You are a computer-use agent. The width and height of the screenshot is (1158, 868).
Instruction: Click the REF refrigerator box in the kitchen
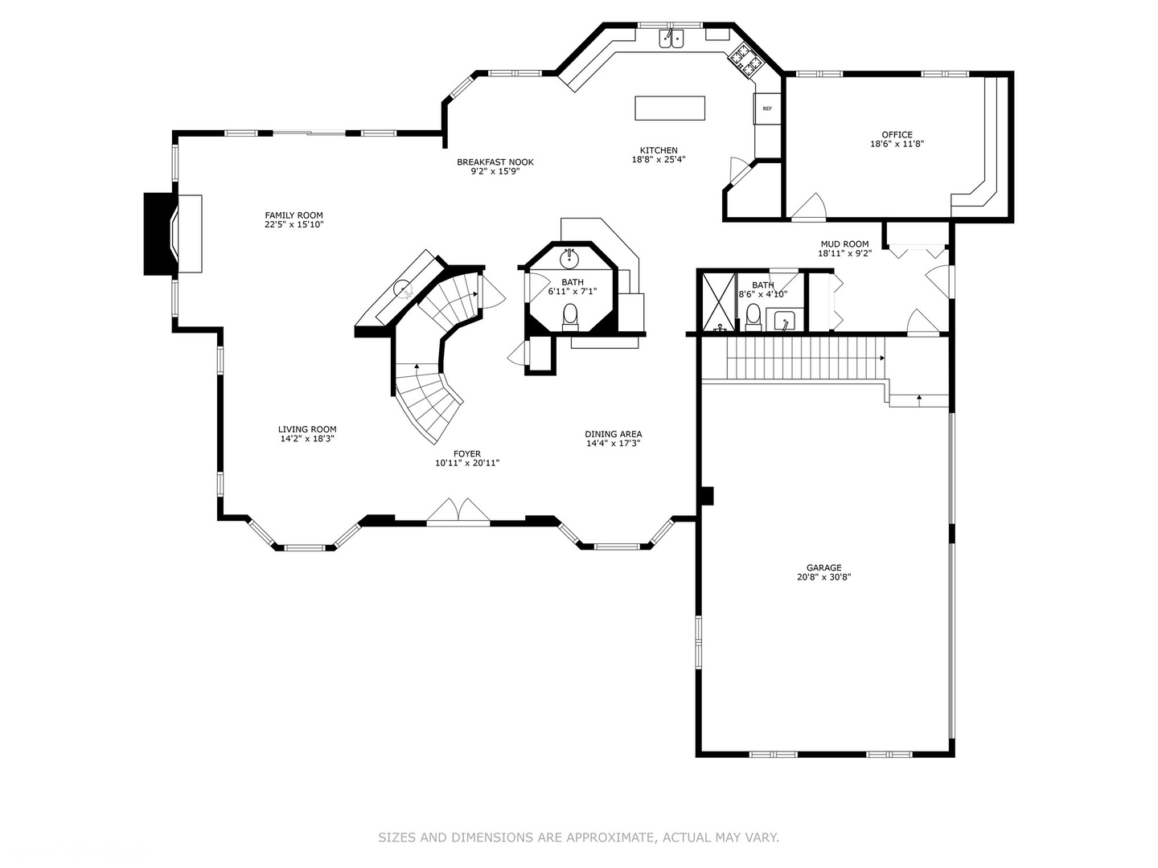tap(766, 108)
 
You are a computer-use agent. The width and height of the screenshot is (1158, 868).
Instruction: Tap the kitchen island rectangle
tap(670, 108)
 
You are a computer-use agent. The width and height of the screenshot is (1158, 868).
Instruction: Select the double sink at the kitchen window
tap(671, 39)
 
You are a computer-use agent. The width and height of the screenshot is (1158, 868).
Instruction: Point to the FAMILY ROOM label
tap(294, 215)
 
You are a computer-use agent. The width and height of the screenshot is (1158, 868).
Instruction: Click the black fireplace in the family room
tap(159, 234)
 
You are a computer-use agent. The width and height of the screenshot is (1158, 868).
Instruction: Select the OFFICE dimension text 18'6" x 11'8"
tap(897, 144)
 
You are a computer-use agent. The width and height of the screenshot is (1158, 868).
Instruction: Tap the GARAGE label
tap(823, 567)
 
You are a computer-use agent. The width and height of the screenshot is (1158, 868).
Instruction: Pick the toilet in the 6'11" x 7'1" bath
tap(570, 317)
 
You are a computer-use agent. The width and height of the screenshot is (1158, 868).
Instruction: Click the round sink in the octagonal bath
tap(569, 258)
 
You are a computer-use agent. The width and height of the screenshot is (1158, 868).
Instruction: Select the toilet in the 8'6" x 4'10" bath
tap(753, 317)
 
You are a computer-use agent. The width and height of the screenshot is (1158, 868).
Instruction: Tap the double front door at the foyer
tap(458, 511)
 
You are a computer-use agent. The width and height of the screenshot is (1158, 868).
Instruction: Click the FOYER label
tap(467, 454)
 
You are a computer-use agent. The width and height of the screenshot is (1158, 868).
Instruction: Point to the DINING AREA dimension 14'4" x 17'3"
tap(613, 443)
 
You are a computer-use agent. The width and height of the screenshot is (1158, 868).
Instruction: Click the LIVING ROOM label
tap(307, 429)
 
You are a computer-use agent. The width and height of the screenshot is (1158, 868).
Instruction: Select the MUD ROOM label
tap(844, 244)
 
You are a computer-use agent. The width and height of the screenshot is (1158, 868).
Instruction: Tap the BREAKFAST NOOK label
tap(495, 162)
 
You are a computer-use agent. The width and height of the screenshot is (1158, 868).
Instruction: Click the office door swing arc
tap(811, 204)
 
